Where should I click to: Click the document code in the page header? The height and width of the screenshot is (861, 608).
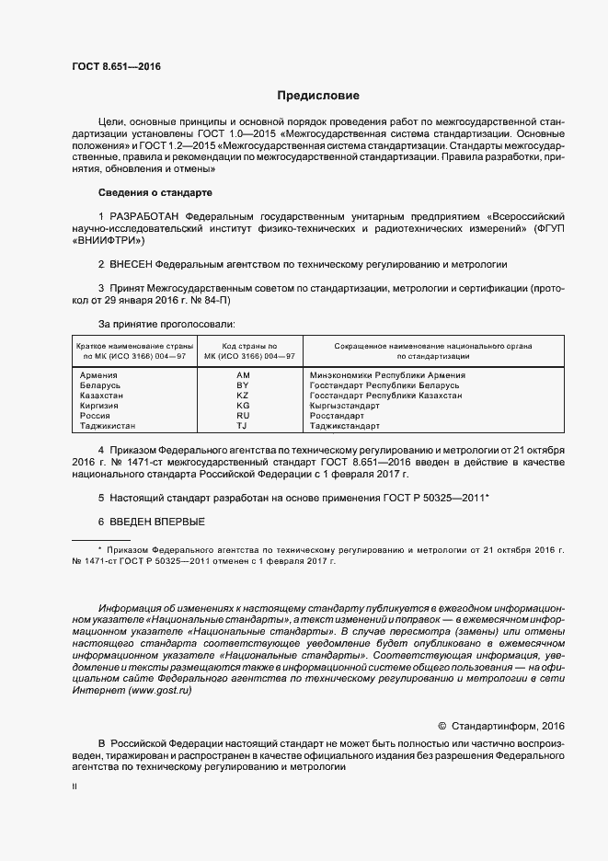tap(109, 66)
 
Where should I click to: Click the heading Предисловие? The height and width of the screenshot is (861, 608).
tap(318, 96)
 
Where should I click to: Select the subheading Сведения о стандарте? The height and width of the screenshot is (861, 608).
tap(155, 192)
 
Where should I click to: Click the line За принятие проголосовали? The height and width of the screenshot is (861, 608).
tap(166, 324)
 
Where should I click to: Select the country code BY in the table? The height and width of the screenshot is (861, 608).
tap(243, 385)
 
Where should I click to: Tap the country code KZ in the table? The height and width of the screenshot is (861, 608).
tap(243, 396)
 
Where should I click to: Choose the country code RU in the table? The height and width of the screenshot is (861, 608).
tap(243, 416)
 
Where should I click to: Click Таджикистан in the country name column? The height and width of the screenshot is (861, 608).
tap(108, 426)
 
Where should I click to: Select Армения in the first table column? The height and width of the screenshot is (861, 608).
tap(98, 375)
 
